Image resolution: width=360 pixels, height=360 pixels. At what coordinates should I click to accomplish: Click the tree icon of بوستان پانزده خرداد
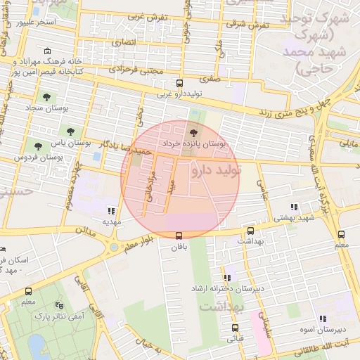click(194, 132)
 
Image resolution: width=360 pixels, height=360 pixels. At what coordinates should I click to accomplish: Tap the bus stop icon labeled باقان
click(179, 236)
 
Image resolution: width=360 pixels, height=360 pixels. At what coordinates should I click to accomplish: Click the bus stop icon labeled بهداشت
click(250, 231)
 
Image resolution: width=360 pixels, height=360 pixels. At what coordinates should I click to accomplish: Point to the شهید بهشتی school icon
click(294, 207)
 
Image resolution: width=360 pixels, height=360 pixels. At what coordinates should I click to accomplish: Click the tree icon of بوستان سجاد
click(46, 97)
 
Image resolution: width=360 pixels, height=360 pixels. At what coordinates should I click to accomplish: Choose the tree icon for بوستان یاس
click(70, 131)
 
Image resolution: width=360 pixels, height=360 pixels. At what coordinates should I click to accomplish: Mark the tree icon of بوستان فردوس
click(38, 146)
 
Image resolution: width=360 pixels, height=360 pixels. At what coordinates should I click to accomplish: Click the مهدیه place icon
click(111, 210)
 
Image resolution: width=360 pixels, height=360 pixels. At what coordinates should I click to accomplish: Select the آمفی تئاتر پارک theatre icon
click(60, 306)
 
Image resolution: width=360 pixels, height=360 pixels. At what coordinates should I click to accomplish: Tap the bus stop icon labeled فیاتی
click(234, 328)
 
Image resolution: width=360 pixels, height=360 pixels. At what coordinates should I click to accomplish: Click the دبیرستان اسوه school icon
click(322, 319)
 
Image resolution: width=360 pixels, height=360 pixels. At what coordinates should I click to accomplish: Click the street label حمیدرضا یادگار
click(124, 146)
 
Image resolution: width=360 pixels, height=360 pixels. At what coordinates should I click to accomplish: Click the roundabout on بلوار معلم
click(113, 247)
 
